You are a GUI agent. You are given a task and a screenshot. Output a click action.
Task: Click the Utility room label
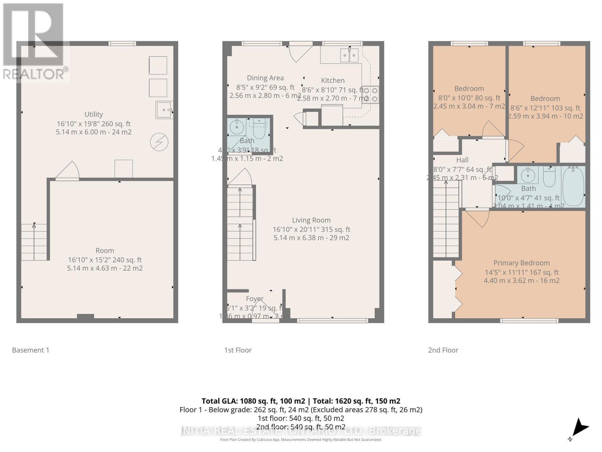click(94, 114)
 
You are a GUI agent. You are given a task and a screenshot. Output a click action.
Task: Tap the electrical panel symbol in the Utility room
click(159, 142)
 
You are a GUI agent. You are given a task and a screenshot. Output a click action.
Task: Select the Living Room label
click(311, 220)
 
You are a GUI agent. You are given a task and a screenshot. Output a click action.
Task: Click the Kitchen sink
click(350, 55)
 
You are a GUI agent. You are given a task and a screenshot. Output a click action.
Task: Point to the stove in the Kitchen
click(371, 95)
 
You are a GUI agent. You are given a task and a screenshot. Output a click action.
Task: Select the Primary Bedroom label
click(521, 263)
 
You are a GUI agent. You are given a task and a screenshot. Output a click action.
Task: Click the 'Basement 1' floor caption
click(30, 350)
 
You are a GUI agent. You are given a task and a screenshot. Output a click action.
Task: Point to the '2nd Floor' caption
click(443, 350)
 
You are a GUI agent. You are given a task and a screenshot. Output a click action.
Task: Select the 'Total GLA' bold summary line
click(301, 401)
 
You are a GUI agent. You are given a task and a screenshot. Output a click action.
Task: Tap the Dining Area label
click(265, 78)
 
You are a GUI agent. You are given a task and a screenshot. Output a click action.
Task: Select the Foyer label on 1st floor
click(255, 298)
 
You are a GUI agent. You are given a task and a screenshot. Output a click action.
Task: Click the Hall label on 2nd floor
click(462, 160)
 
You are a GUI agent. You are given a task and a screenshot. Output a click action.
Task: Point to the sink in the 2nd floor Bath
click(528, 175)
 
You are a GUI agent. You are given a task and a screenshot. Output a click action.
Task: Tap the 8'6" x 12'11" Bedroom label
click(545, 99)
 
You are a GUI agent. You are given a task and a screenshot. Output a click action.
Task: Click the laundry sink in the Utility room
click(164, 110)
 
